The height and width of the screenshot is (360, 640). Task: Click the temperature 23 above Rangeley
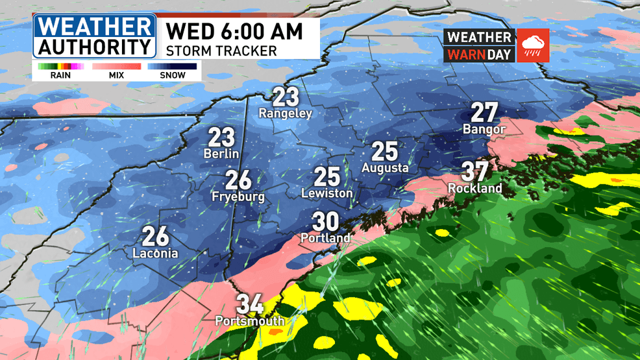point(286,97)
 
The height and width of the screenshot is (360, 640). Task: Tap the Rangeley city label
point(286,114)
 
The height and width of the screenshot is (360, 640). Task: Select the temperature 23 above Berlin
point(221,138)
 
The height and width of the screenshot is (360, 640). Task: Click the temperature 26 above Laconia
point(156,236)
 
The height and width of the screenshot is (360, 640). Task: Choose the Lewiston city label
point(327,193)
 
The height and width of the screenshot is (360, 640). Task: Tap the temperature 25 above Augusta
point(384,152)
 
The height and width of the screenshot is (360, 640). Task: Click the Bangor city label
point(484,130)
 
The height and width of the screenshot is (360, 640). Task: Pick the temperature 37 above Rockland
point(474,172)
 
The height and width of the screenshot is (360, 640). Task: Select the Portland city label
point(325,238)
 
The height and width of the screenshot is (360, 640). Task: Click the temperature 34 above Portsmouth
point(250,304)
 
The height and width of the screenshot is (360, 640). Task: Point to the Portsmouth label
point(250,321)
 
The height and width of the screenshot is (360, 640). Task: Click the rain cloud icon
point(534,45)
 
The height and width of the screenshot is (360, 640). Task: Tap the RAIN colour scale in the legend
point(56,66)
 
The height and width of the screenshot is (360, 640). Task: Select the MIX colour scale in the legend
point(116,66)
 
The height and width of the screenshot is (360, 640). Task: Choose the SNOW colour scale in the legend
point(172,66)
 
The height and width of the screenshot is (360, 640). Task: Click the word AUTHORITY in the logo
point(94,47)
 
